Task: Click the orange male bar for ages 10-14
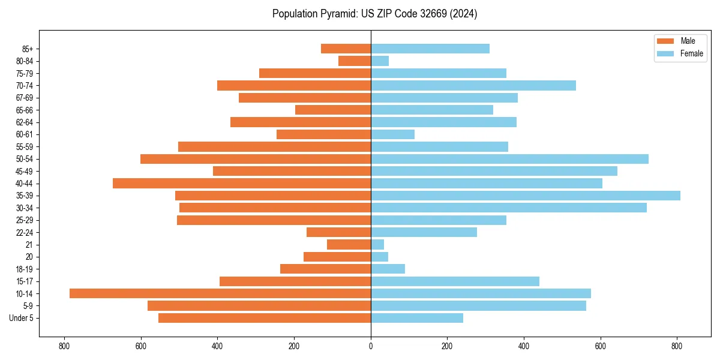[220, 293]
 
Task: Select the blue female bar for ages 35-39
[525, 196]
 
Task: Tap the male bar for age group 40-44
[242, 183]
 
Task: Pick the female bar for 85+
[430, 49]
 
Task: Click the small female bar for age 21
[377, 244]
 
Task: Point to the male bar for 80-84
[355, 61]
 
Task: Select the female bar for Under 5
[417, 318]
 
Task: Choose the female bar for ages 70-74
[473, 85]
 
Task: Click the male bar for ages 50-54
[256, 159]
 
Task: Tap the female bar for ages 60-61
[392, 134]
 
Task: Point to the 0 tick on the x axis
[371, 346]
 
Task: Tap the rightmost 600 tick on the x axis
[601, 346]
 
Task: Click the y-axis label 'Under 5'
[22, 318]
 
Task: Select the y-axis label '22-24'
[25, 232]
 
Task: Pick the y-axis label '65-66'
[25, 110]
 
